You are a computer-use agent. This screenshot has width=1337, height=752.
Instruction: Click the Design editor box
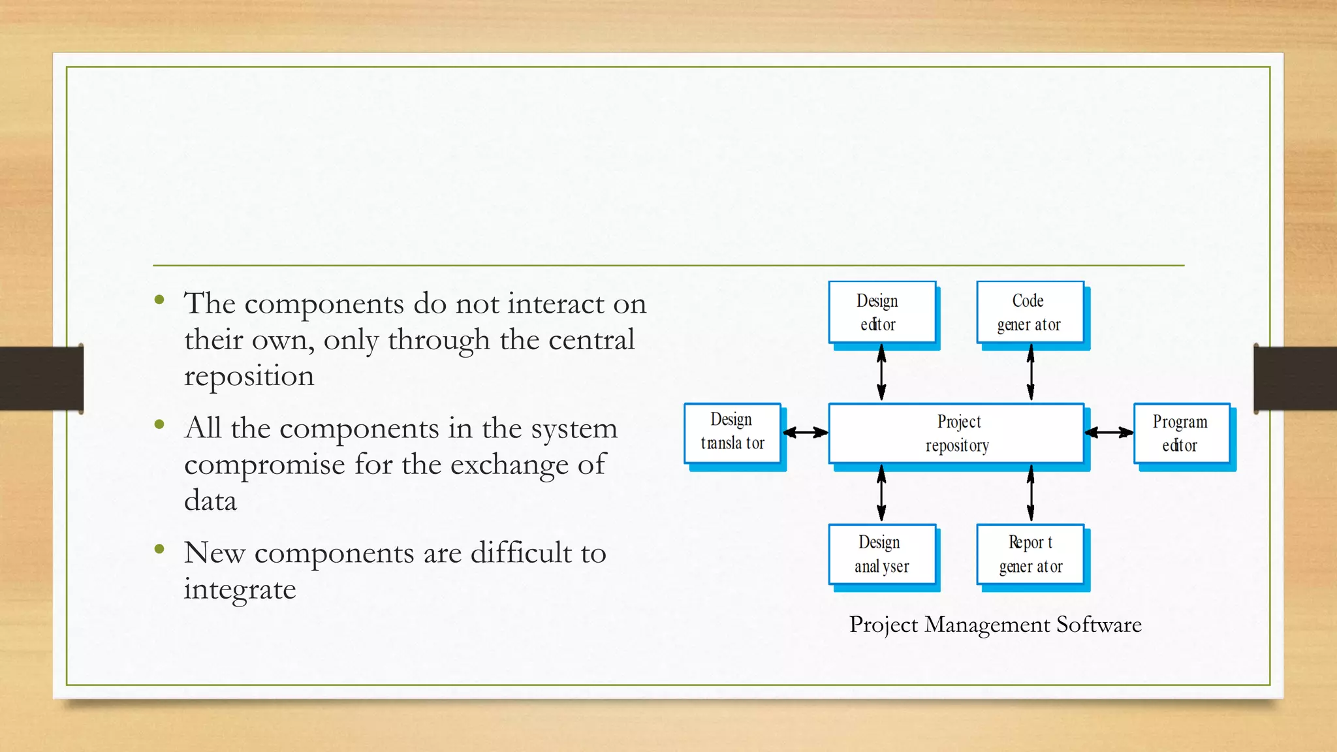(882, 312)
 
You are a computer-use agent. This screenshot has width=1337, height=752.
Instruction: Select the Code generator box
(1030, 312)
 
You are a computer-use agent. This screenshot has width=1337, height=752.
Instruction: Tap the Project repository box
(956, 433)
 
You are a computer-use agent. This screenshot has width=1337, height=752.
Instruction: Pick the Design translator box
(732, 433)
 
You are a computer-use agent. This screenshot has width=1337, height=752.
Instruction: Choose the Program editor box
(1182, 433)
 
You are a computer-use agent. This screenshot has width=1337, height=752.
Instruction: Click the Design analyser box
(882, 554)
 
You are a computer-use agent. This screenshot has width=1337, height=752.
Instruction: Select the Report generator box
(1030, 554)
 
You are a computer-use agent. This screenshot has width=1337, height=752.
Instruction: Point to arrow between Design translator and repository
(805, 432)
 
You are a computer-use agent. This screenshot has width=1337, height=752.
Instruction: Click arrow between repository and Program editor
(1109, 432)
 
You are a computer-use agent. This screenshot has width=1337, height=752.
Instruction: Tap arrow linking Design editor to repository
(881, 373)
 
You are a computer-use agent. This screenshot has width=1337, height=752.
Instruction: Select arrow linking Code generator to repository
(1031, 373)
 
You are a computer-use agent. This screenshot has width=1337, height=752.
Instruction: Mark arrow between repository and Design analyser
(881, 493)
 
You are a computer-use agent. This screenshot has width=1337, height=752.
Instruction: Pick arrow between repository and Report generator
(1031, 493)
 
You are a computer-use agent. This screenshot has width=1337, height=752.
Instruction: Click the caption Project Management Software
(995, 625)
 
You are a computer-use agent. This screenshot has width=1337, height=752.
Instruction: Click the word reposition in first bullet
(249, 377)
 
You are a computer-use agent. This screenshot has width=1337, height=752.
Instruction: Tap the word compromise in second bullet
(264, 465)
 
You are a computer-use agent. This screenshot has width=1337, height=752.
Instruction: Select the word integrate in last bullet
(240, 590)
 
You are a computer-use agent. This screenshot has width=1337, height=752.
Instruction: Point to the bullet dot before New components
(159, 549)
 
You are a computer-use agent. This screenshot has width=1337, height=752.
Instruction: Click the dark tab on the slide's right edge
(1295, 379)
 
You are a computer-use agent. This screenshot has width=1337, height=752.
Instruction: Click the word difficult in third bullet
(521, 553)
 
